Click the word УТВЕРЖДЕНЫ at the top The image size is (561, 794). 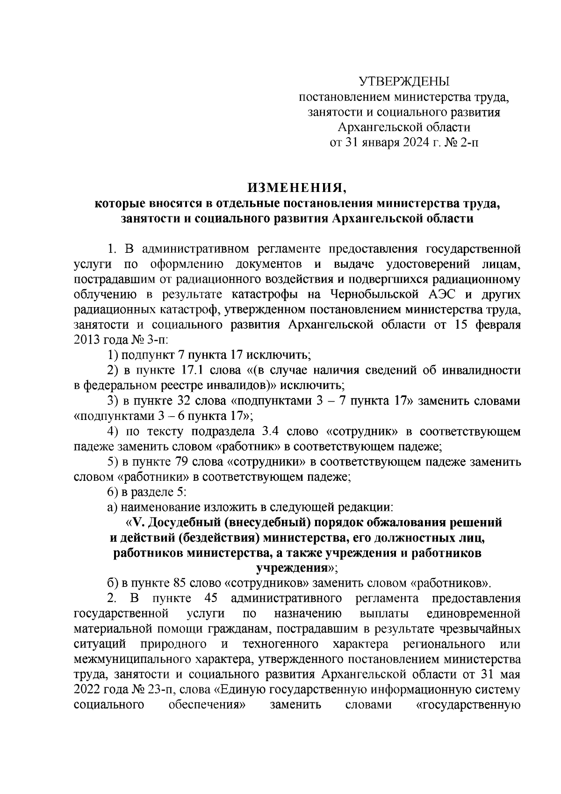403,82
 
